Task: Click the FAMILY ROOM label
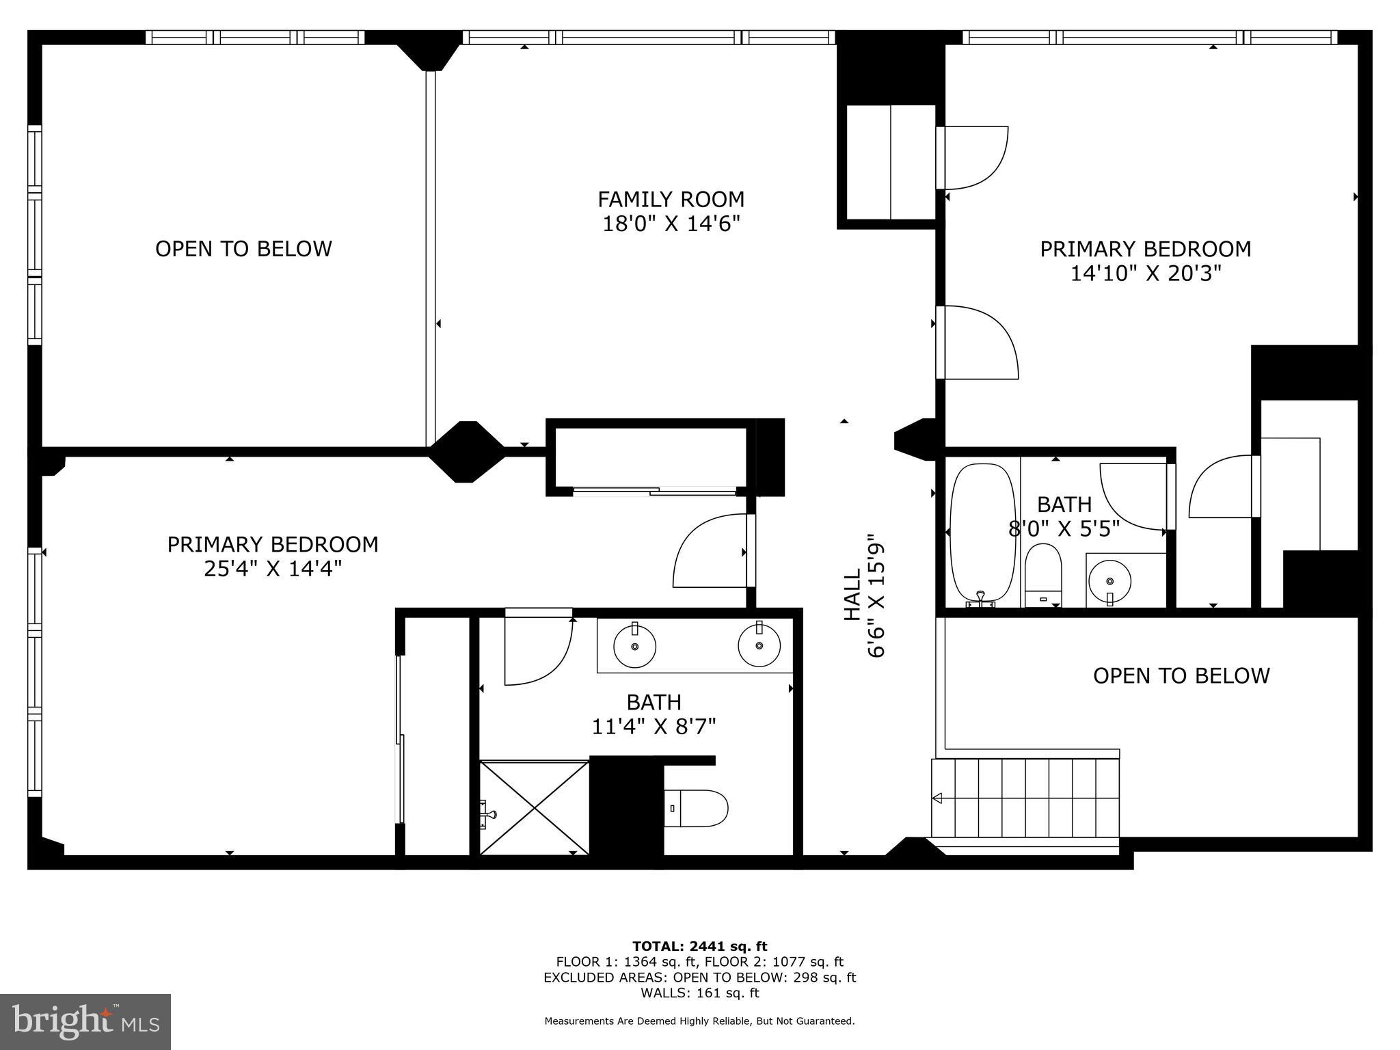coord(671,200)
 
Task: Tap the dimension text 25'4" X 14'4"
coord(272,569)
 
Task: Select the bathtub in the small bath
coord(982,533)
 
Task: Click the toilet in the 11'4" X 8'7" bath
coord(696,808)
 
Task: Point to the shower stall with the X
coord(534,807)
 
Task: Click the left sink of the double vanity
coord(634,645)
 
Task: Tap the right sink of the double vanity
coord(759,645)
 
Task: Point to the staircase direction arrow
coord(938,798)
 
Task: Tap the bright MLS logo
coord(85,1021)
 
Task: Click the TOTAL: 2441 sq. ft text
coord(699,946)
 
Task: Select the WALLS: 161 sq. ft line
coord(699,993)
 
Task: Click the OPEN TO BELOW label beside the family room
coord(243,249)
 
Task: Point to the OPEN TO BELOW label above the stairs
coord(1181,675)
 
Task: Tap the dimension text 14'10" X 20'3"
coord(1145,273)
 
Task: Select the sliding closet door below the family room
coord(654,490)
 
